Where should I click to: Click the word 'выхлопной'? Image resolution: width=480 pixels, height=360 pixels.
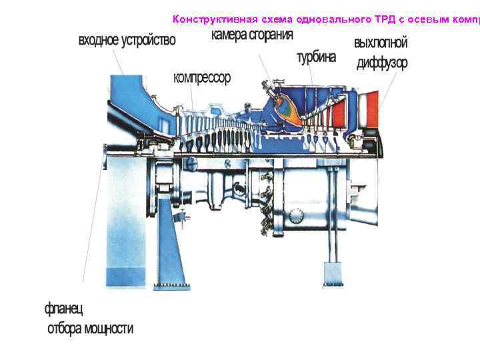381,43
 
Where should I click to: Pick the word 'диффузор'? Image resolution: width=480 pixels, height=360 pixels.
382,64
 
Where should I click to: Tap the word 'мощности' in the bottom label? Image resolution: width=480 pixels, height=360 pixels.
107,329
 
